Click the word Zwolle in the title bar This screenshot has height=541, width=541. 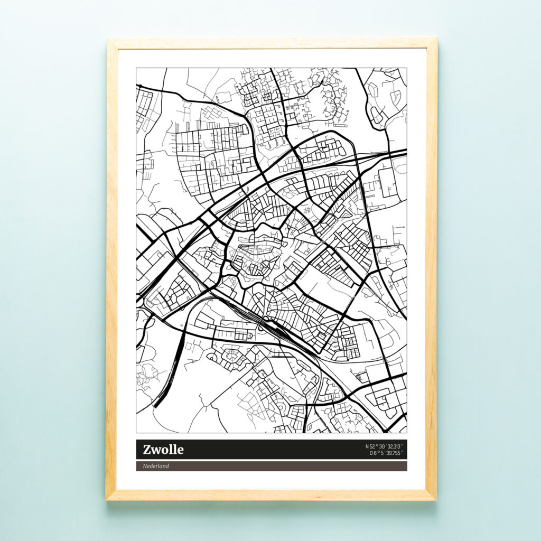(163, 450)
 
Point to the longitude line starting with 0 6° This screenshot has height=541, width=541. (386, 453)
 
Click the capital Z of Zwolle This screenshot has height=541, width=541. (147, 450)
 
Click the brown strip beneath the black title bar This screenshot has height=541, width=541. (272, 466)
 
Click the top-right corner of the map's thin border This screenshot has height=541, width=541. (407, 68)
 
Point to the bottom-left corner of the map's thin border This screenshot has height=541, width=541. (136, 433)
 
